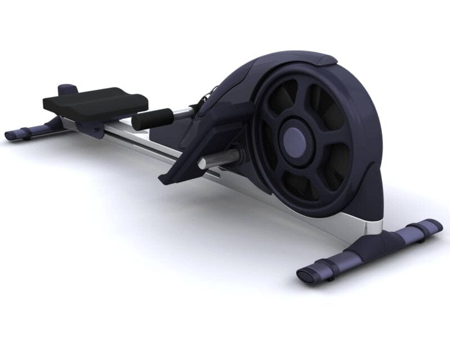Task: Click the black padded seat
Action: click(x=96, y=101)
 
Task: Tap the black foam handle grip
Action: click(x=152, y=118)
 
